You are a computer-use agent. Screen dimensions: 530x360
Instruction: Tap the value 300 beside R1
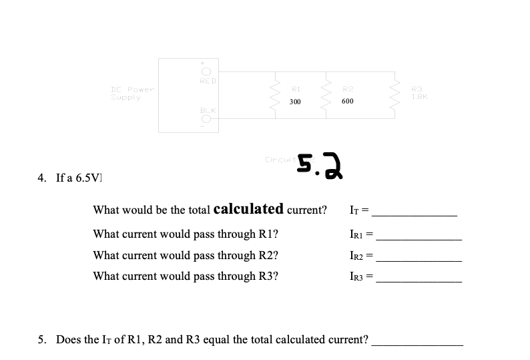295,102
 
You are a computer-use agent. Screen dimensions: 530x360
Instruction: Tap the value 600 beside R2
347,102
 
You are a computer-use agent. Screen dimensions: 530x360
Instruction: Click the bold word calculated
248,209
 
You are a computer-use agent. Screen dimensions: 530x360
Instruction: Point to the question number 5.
41,340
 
